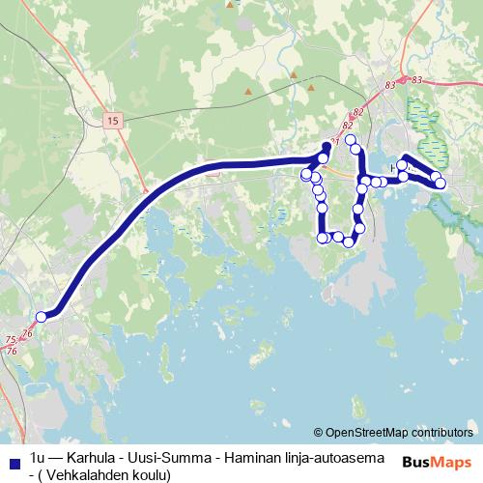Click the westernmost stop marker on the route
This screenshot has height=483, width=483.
tap(42, 317)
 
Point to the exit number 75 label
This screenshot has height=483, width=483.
tap(10, 340)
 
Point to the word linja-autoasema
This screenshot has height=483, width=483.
tap(336, 456)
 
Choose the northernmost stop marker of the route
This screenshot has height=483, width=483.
tap(352, 140)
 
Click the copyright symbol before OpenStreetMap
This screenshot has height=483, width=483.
tap(319, 432)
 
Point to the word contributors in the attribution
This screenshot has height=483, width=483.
tap(441, 432)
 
